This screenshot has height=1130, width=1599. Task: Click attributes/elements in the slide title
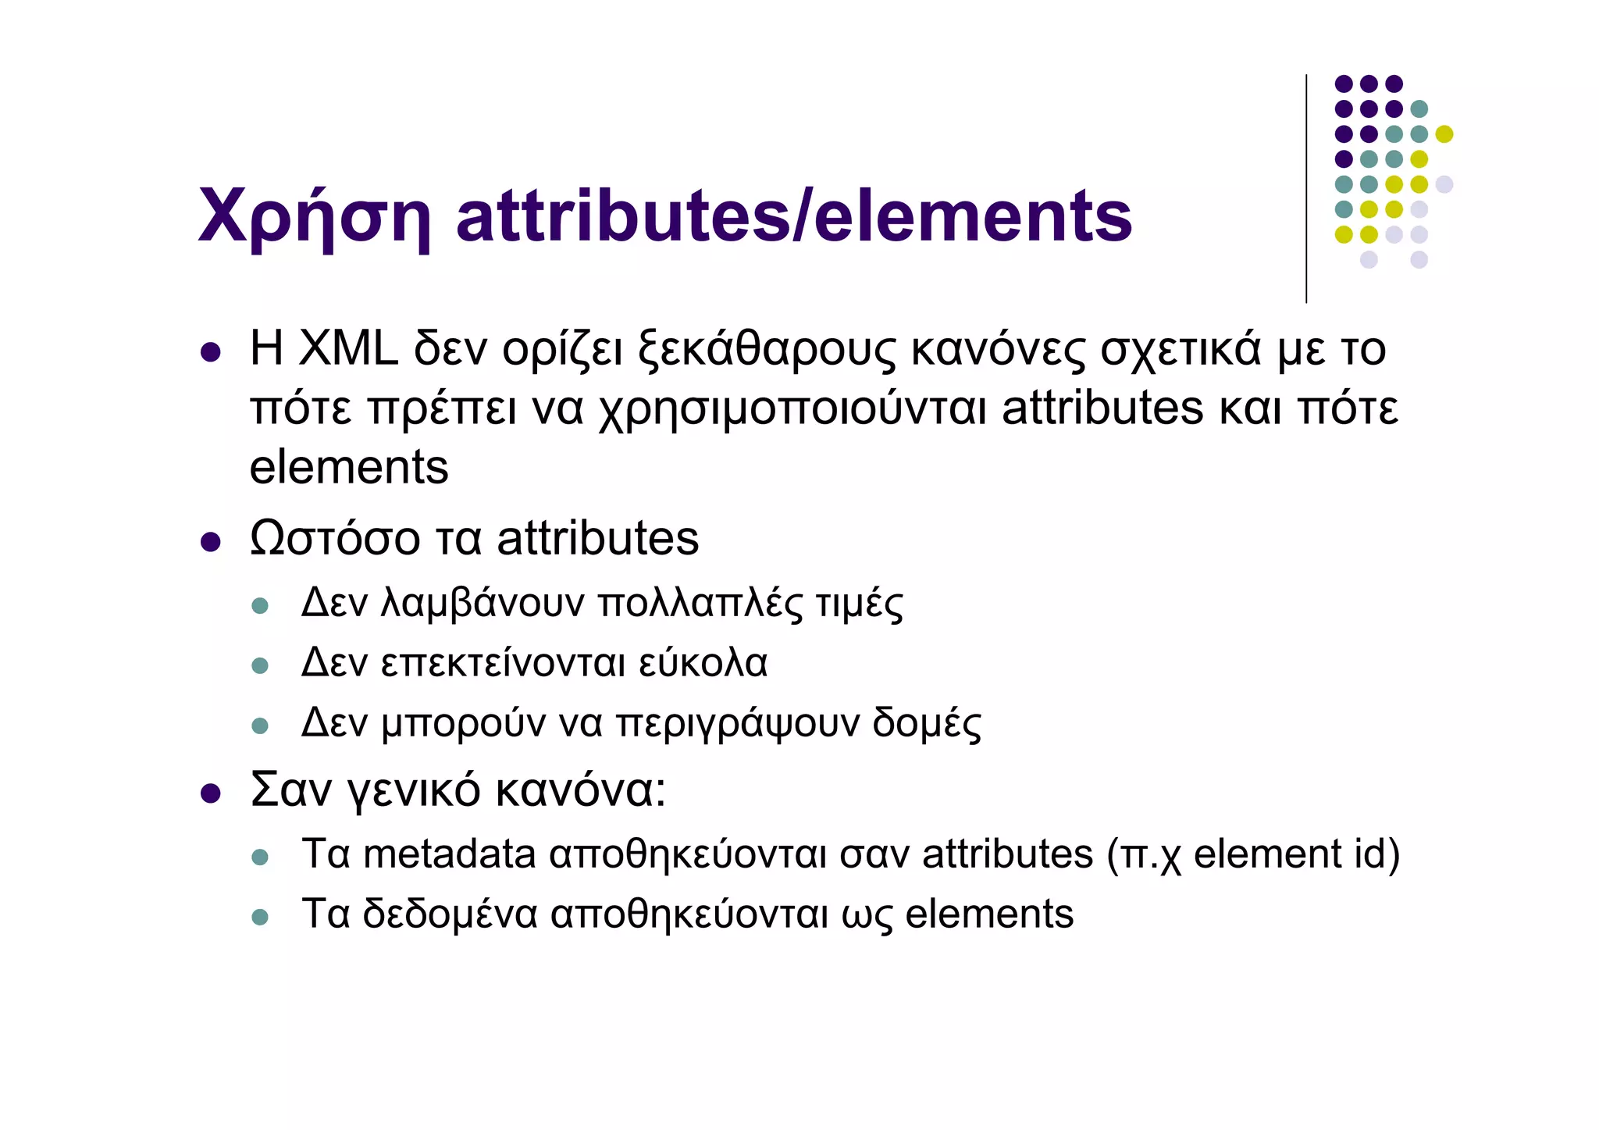793,216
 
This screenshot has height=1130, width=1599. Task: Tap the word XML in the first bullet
348,349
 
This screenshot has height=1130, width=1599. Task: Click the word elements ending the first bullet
348,468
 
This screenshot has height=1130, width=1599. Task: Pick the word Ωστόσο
334,539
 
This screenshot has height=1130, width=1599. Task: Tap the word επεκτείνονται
503,663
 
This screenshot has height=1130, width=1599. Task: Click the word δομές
927,723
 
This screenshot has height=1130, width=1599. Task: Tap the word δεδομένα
450,914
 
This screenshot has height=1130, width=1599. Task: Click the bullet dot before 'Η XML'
210,353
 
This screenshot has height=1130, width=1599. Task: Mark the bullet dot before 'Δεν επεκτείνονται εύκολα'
260,666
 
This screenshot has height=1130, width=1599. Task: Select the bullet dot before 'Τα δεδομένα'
260,918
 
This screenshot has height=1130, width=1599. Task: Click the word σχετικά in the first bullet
1181,349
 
